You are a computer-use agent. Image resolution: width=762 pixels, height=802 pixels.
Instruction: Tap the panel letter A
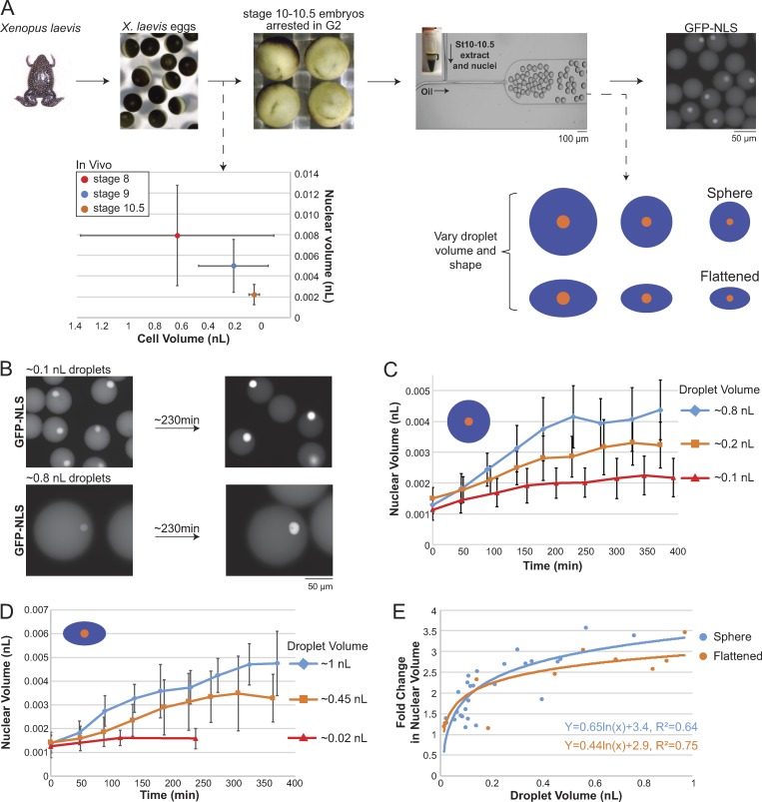point(9,9)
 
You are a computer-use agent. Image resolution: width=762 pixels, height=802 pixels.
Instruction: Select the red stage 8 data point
point(177,235)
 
